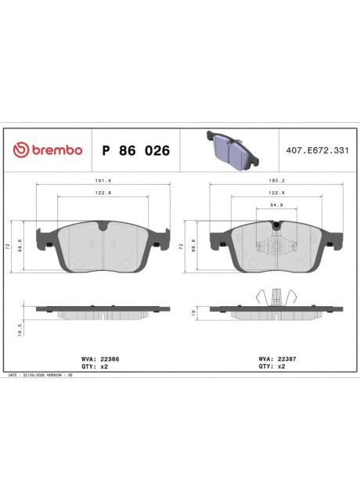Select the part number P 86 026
coord(135,150)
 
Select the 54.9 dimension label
coord(275,204)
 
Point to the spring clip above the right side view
coord(275,298)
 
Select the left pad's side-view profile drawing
coord(103,312)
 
